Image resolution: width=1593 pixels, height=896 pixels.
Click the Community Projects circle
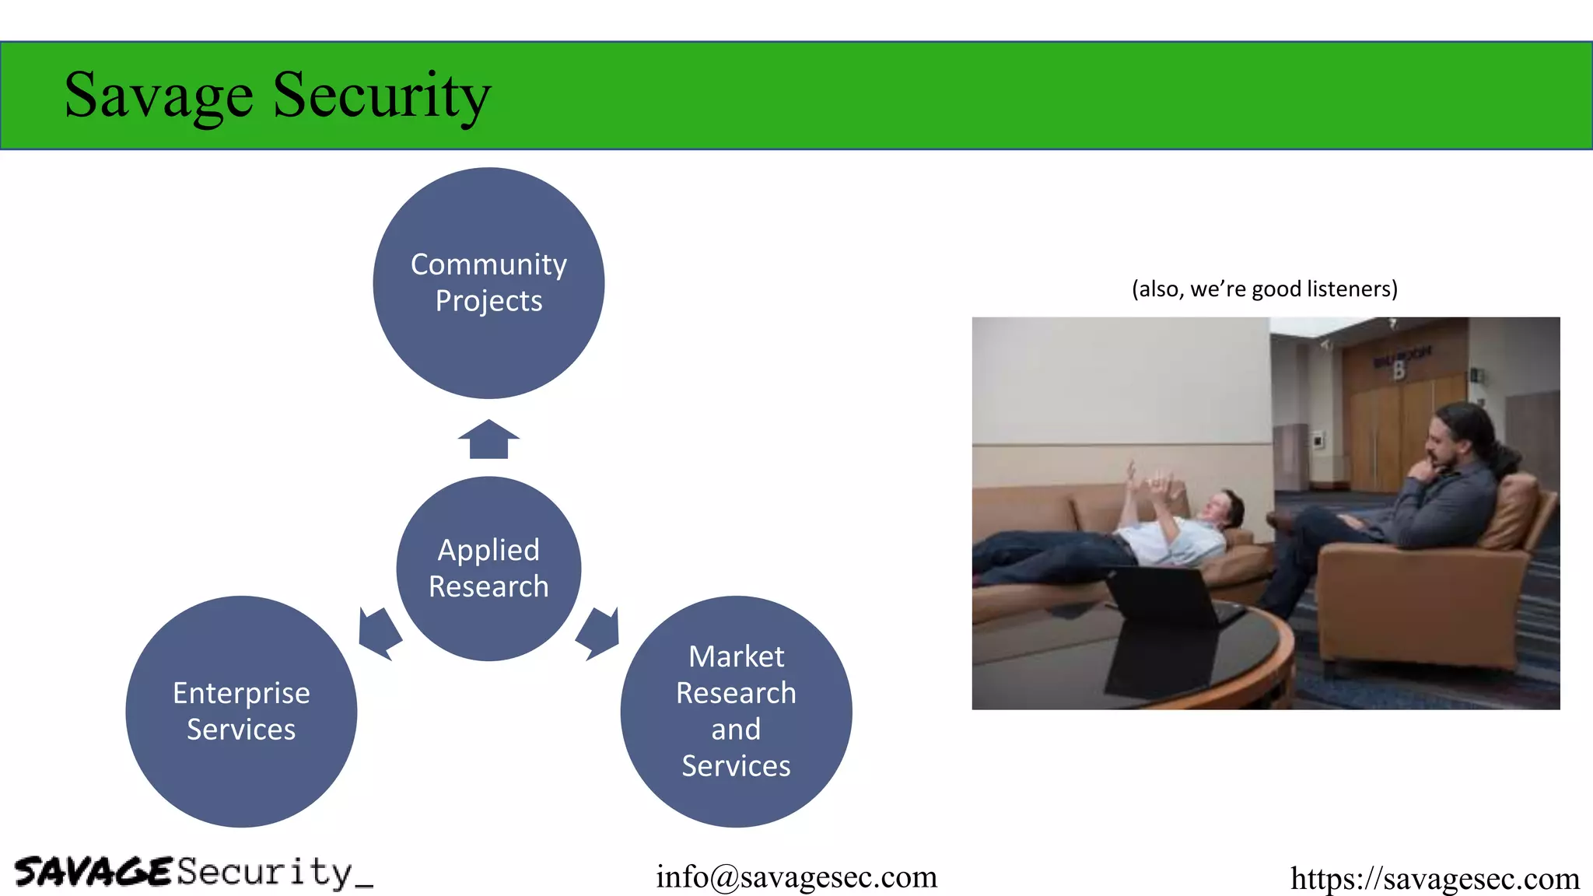488,283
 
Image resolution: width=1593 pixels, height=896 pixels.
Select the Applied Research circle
488,569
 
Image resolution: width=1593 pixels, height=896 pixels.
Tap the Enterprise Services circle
241,711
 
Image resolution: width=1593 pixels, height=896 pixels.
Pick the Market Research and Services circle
736,711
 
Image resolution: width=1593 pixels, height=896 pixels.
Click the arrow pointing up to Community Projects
488,439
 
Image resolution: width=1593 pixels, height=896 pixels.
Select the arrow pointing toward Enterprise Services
379,632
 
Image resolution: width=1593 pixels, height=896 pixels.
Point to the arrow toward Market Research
598,632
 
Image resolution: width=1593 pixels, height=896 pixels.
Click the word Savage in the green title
159,95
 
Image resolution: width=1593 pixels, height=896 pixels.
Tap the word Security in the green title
381,95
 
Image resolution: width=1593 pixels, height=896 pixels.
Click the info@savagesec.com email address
796,877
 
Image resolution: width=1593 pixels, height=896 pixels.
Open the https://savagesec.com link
1434,878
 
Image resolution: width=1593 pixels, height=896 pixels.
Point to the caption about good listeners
1265,289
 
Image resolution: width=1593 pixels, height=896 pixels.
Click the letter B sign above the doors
1399,370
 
